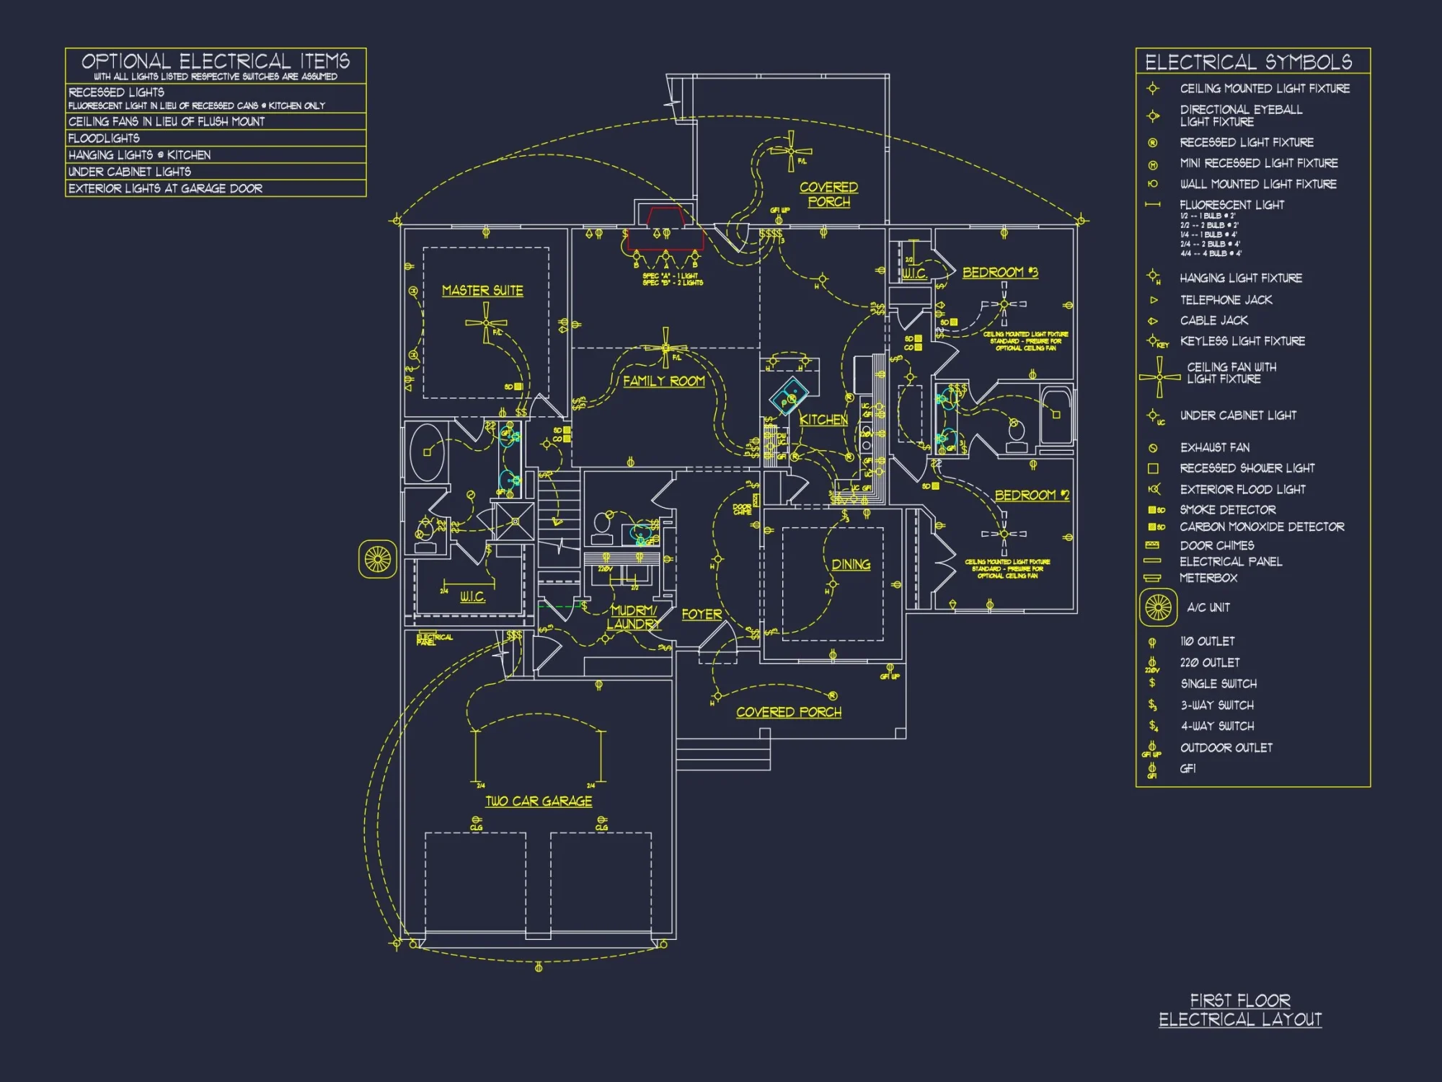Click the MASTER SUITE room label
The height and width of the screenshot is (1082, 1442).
click(x=482, y=290)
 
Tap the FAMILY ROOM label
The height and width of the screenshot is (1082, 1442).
click(x=663, y=381)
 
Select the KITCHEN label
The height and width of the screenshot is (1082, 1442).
click(x=823, y=419)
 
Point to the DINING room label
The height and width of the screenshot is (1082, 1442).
click(x=851, y=564)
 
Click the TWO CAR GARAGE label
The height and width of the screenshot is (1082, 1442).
click(x=539, y=801)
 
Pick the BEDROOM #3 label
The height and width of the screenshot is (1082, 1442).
click(x=1000, y=272)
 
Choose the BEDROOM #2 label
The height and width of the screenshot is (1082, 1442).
click(x=1032, y=495)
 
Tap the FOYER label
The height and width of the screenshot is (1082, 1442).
click(x=702, y=614)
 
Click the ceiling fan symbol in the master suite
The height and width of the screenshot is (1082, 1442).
click(x=485, y=322)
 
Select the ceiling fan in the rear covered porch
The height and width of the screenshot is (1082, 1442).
click(x=791, y=151)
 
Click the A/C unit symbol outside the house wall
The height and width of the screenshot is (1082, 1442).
click(x=378, y=558)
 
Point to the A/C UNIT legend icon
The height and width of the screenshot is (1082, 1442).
click(x=1158, y=607)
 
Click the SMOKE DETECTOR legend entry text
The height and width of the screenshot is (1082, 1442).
click(x=1227, y=509)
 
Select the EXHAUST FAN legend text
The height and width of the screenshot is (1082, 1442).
click(x=1215, y=447)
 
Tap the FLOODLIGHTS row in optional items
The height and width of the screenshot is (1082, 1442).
click(x=104, y=138)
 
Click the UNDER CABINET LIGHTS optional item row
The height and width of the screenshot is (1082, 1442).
click(x=130, y=172)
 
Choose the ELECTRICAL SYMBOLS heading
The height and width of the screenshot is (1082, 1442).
click(x=1248, y=62)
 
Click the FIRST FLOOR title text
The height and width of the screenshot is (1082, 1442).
click(x=1240, y=1000)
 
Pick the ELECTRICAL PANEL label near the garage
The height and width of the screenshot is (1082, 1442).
click(x=434, y=639)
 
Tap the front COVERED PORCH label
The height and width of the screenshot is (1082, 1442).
click(x=789, y=712)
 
